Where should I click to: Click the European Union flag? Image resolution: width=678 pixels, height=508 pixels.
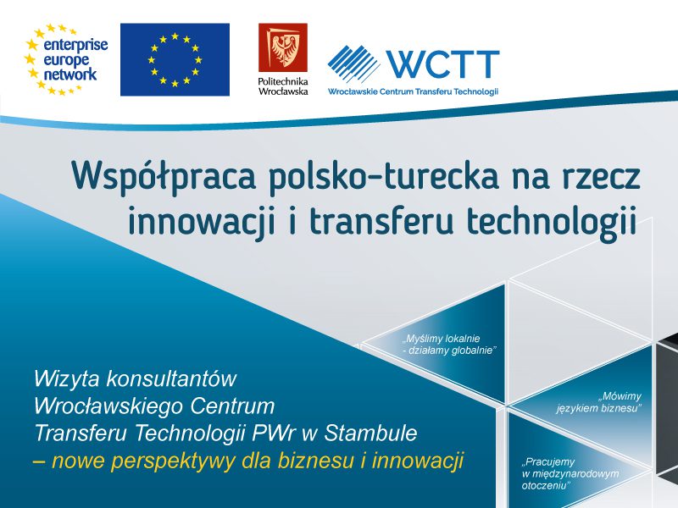tap(175, 59)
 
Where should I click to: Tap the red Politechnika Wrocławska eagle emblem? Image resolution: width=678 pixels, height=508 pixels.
tap(283, 47)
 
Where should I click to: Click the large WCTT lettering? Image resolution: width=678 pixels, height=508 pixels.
tap(443, 64)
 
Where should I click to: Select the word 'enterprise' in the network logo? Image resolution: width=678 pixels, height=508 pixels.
tap(75, 45)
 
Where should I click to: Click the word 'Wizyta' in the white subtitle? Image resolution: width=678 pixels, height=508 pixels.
tap(67, 379)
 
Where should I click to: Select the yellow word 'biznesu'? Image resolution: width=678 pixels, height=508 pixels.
tap(315, 460)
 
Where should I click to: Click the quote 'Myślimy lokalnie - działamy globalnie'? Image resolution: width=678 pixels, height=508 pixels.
tap(447, 345)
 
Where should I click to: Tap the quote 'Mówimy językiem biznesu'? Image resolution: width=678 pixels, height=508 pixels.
tap(599, 401)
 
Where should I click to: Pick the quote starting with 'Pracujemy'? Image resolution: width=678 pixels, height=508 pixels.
tap(570, 473)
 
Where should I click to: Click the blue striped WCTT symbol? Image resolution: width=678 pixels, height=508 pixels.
tap(353, 63)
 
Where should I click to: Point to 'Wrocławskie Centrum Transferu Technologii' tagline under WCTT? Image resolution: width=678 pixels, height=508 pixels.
tap(413, 91)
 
